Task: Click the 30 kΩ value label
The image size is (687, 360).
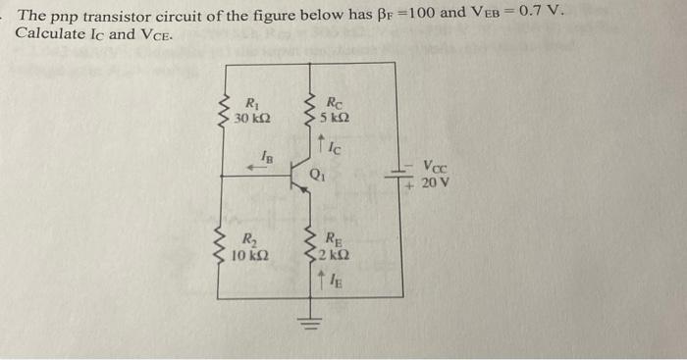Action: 252,119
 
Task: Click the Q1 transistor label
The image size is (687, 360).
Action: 318,177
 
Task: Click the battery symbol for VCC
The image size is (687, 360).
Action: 402,176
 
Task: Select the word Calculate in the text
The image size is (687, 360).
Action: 49,33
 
